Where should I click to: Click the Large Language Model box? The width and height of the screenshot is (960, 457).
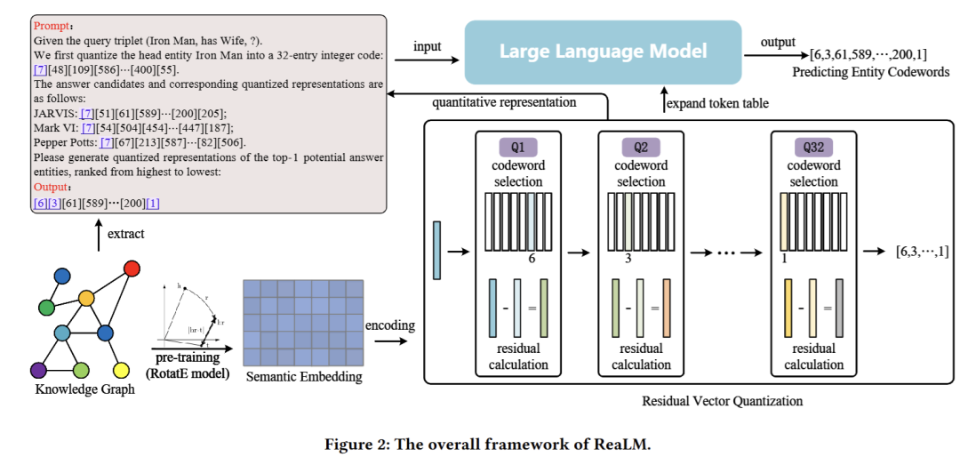pyautogui.click(x=603, y=51)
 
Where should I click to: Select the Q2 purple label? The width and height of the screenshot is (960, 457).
pyautogui.click(x=640, y=146)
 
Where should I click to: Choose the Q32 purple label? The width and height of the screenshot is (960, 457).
pyautogui.click(x=813, y=146)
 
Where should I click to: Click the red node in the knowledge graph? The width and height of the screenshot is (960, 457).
pyautogui.click(x=132, y=269)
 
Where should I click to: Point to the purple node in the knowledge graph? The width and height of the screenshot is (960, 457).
pyautogui.click(x=37, y=369)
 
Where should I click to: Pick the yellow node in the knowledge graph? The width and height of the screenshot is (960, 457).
pyautogui.click(x=123, y=369)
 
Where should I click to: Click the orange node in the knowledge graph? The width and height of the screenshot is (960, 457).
pyautogui.click(x=86, y=297)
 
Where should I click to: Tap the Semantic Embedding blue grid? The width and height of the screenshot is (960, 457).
pyautogui.click(x=303, y=323)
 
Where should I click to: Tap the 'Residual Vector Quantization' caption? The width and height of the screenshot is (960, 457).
pyautogui.click(x=722, y=401)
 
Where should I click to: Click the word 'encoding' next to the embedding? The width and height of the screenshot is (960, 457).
pyautogui.click(x=390, y=325)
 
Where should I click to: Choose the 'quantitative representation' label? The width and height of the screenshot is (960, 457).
pyautogui.click(x=504, y=102)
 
